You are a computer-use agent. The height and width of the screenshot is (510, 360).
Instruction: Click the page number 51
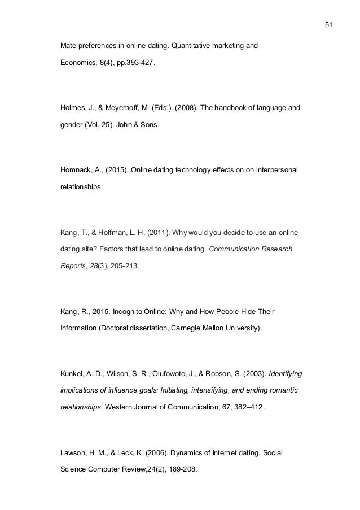[x=330, y=24]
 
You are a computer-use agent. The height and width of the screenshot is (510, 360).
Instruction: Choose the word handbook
[x=239, y=105]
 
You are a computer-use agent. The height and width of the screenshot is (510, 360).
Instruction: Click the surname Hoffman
[x=116, y=233]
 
